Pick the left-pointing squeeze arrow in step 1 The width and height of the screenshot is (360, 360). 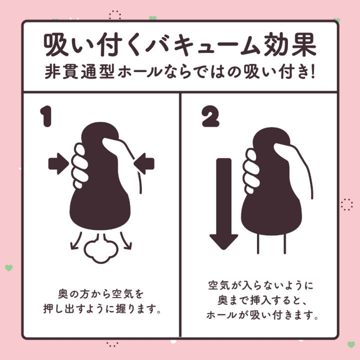(x=145, y=163)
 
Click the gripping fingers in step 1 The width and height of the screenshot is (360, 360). (x=79, y=165)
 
